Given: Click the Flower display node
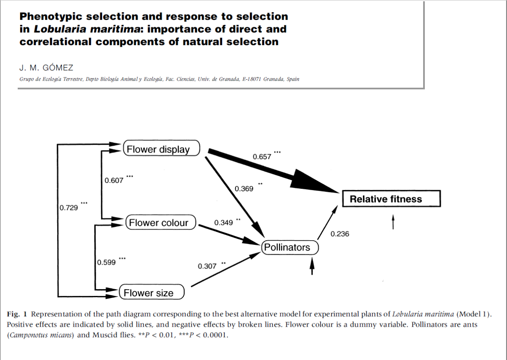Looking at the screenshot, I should coord(161,149).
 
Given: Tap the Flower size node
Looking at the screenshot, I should coord(151,293).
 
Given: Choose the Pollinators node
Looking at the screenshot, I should coord(290,247).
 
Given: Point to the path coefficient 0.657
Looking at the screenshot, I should coord(262,157).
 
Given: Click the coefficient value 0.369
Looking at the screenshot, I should coord(244,188).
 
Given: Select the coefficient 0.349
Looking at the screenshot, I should coord(223,223).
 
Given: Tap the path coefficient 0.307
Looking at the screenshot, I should coord(207,266).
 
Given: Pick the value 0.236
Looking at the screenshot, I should coord(340,234).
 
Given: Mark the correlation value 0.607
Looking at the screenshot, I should coord(114,180).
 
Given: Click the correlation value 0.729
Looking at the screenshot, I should coord(68,208).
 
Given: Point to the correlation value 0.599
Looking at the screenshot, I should coord(106,262).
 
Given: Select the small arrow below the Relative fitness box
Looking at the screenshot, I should coord(393,222).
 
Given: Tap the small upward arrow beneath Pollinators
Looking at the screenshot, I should coord(312,266).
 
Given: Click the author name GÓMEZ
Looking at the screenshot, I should coord(58,68).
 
